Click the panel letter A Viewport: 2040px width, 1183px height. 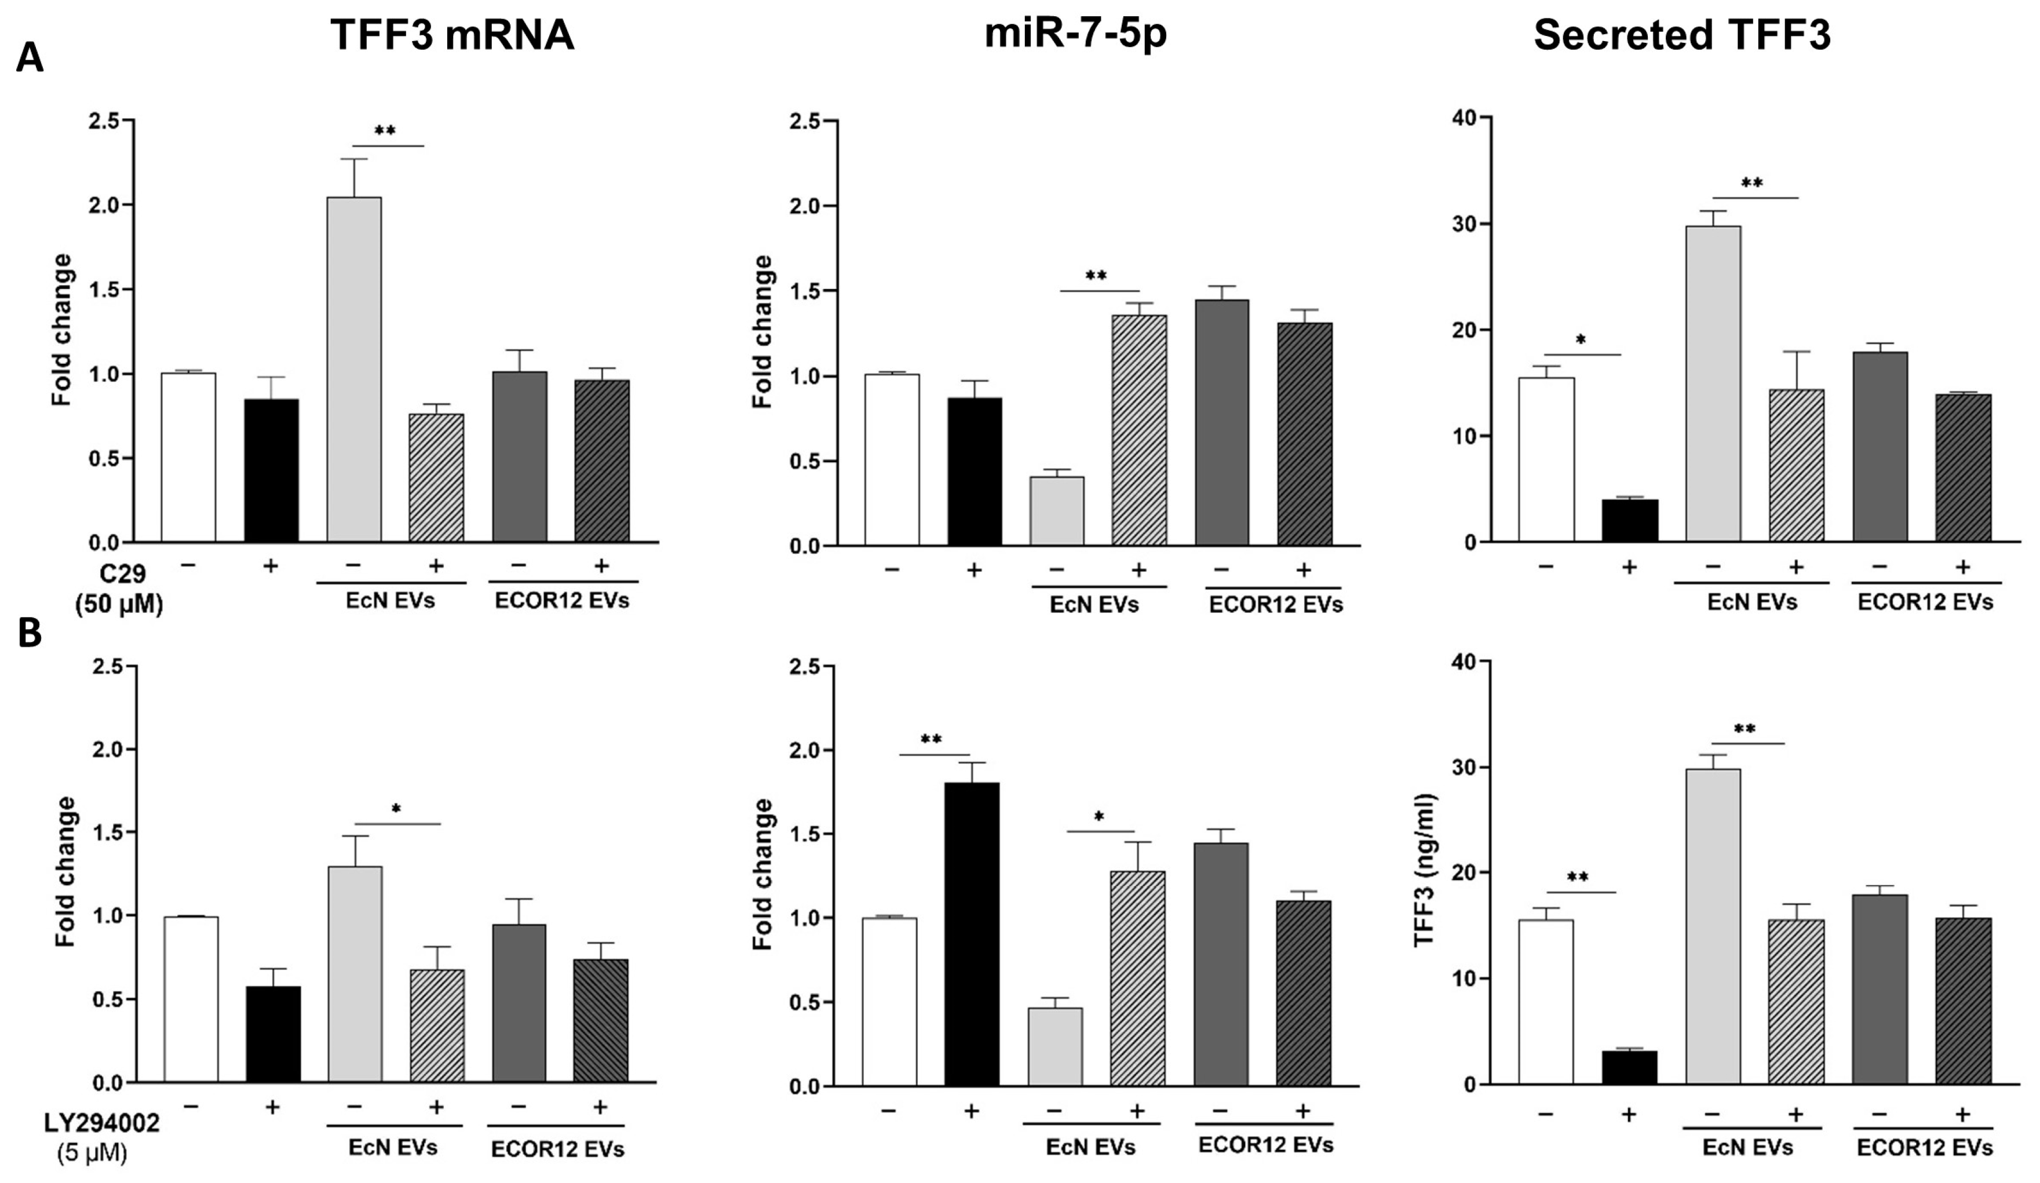pos(30,59)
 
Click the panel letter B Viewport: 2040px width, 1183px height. pos(30,634)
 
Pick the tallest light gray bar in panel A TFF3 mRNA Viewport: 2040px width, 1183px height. pos(354,369)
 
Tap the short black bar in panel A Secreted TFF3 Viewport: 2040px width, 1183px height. pos(1630,521)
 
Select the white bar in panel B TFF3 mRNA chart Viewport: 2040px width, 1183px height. pos(191,999)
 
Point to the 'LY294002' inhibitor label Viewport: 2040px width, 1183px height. pos(101,1123)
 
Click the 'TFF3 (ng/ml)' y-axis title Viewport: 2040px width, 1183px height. pos(1424,870)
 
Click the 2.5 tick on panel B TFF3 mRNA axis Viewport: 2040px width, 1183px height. pos(108,666)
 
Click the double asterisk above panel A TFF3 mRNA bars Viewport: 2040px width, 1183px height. pos(385,131)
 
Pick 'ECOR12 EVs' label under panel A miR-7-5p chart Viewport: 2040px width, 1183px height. pos(1276,605)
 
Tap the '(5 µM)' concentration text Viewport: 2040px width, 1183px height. pos(92,1153)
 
